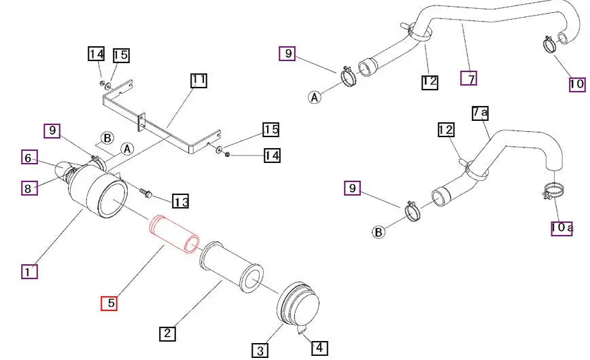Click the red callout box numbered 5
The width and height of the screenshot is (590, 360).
pyautogui.click(x=109, y=303)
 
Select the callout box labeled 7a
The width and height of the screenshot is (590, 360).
pyautogui.click(x=480, y=112)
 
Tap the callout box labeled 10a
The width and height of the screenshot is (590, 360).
pyautogui.click(x=561, y=228)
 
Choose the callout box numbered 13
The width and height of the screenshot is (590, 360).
pyautogui.click(x=181, y=201)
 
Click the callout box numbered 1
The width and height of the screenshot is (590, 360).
pyautogui.click(x=29, y=271)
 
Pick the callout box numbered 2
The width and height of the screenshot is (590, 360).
pyautogui.click(x=168, y=333)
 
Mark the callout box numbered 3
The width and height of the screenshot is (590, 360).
pyautogui.click(x=260, y=350)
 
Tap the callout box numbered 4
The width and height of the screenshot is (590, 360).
pyautogui.click(x=319, y=348)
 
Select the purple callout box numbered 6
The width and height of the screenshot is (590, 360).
pyautogui.click(x=29, y=158)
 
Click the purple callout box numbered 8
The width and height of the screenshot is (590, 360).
pyautogui.click(x=29, y=187)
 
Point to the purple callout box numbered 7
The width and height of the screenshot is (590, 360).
pyautogui.click(x=468, y=78)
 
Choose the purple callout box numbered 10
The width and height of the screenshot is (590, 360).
pyautogui.click(x=576, y=84)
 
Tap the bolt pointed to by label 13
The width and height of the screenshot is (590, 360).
pyautogui.click(x=145, y=192)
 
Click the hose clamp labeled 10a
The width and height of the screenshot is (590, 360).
pyautogui.click(x=554, y=192)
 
